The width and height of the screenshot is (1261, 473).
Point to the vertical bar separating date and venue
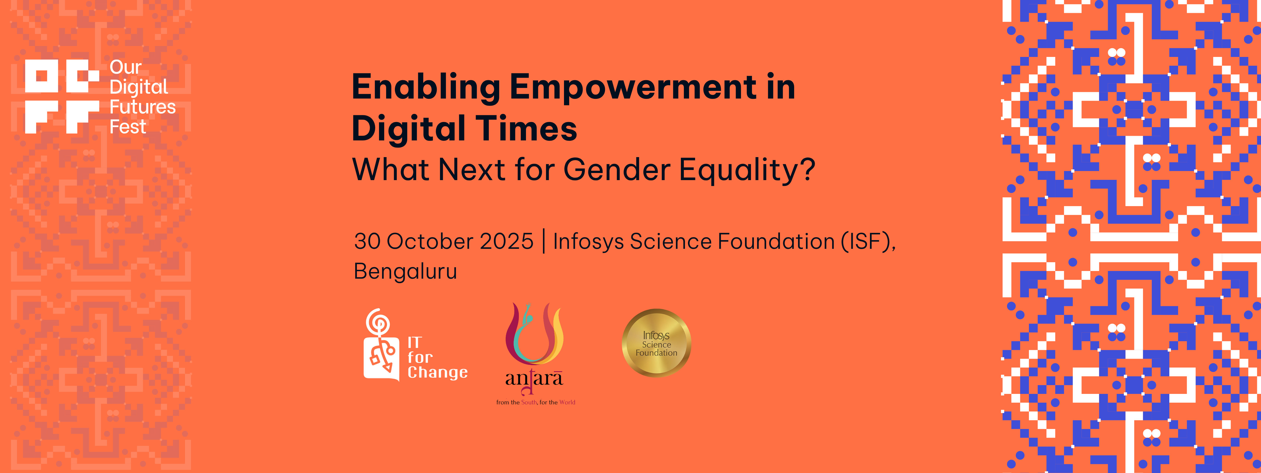pyautogui.click(x=543, y=242)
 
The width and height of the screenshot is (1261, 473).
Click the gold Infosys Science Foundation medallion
pyautogui.click(x=656, y=343)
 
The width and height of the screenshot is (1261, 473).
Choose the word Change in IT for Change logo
pyautogui.click(x=438, y=373)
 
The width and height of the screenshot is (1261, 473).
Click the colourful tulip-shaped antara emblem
pyautogui.click(x=534, y=333)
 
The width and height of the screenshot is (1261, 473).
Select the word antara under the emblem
pyautogui.click(x=534, y=379)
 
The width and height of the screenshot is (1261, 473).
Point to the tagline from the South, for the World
pyautogui.click(x=536, y=402)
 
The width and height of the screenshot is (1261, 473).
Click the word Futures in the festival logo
pyautogui.click(x=143, y=107)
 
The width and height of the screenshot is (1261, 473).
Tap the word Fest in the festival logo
pyautogui.click(x=128, y=127)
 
